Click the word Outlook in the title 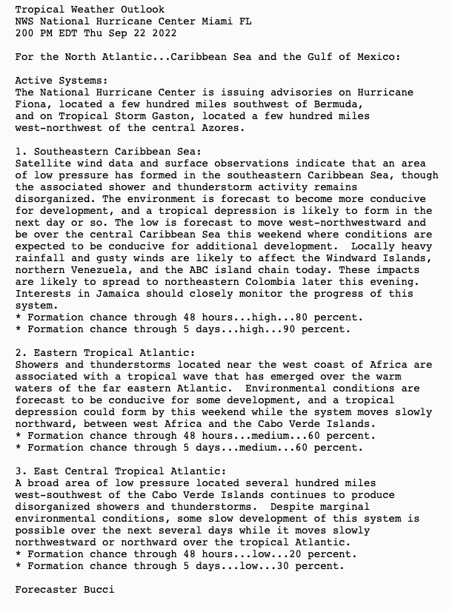[142, 10]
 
